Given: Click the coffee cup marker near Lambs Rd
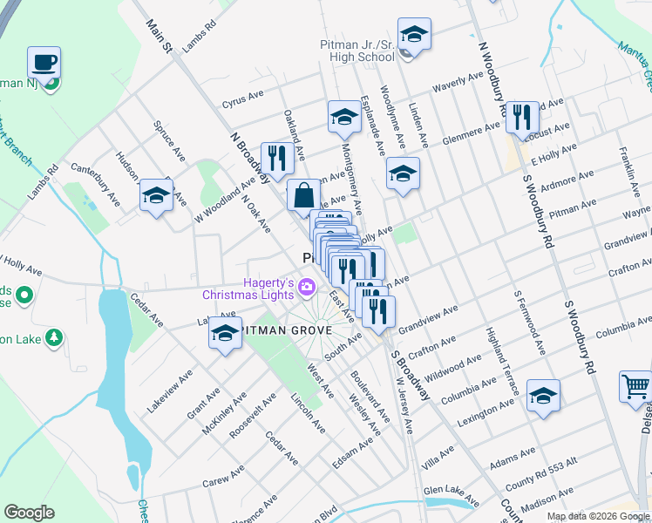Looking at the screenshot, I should point(44,64).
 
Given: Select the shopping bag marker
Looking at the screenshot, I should point(302,196).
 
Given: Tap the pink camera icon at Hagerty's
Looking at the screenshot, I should point(306,286).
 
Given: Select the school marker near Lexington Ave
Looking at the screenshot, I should point(543,397).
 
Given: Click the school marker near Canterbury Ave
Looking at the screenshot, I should point(156,195).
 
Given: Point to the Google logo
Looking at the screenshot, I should point(30,512).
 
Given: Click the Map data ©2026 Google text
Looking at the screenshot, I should point(598,515).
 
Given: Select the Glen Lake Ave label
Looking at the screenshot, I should point(451,494).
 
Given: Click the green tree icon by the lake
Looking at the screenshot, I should point(54,336).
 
